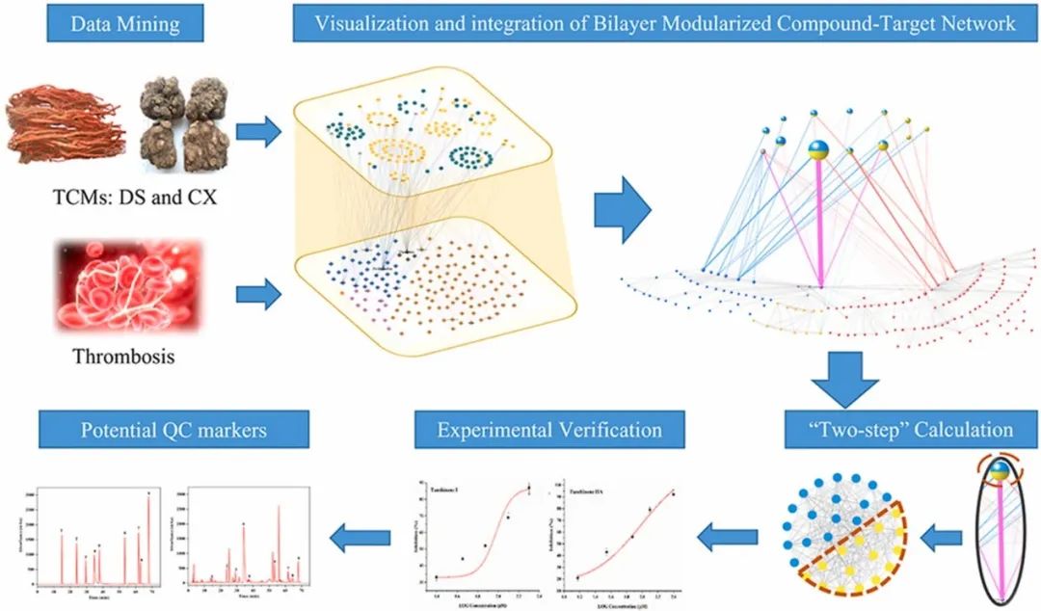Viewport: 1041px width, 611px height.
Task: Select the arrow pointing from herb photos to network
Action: click(x=255, y=130)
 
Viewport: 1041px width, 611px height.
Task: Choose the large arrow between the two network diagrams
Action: click(x=620, y=207)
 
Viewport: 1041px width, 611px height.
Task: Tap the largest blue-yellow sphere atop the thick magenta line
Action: click(x=818, y=149)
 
